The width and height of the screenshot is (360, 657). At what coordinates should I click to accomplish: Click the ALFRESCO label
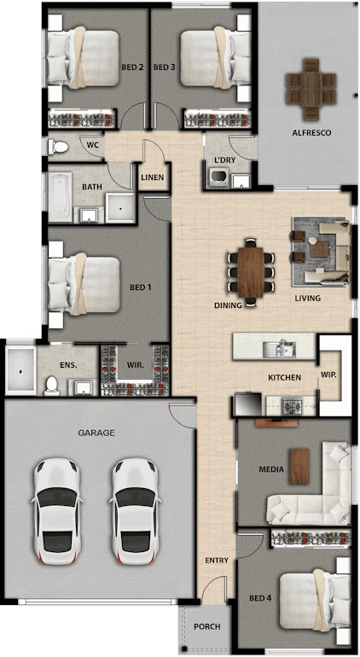pos(311,133)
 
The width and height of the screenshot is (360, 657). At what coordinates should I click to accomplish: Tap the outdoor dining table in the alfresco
pos(311,90)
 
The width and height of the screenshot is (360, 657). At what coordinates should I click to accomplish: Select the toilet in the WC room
pos(58,147)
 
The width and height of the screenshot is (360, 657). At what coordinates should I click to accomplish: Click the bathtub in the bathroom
pos(60,196)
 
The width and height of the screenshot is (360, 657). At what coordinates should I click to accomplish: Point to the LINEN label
pos(152,177)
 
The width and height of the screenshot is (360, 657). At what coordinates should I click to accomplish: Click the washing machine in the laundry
pos(218,177)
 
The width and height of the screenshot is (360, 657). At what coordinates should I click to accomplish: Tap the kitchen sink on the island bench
pos(280,348)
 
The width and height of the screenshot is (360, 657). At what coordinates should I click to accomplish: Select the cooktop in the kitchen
pos(290,405)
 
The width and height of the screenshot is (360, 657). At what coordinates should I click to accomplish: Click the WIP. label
pos(329,375)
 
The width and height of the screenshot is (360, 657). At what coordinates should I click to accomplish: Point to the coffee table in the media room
pos(299,466)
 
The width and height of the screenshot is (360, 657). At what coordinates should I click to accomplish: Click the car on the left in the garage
pos(56,511)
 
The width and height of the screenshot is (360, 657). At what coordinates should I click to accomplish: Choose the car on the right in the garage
pos(136,511)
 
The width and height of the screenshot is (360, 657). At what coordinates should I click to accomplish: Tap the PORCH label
pos(207,627)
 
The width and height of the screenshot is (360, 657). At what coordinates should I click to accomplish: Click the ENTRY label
pos(217,561)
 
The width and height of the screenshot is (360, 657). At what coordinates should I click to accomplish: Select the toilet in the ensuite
pos(52,385)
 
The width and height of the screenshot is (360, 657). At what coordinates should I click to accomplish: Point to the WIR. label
pos(136,365)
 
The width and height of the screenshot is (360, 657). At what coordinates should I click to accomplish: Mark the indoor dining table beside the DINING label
pos(251,272)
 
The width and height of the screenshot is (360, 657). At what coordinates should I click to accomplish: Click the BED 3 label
pos(165,67)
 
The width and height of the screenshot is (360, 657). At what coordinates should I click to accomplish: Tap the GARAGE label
pos(96,433)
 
